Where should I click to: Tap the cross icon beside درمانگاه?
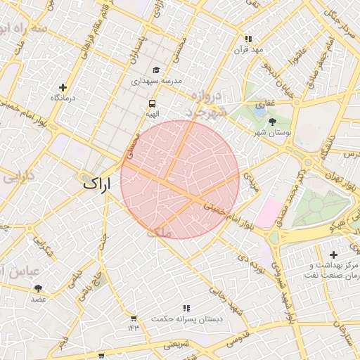(63, 88)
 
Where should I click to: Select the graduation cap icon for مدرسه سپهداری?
(155, 70)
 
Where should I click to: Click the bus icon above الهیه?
(152, 102)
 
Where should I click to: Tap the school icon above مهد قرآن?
(247, 39)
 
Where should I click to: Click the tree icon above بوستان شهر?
(272, 121)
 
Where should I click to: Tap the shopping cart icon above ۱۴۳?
(134, 318)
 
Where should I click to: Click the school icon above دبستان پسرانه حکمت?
(186, 308)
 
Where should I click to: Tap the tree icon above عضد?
(38, 288)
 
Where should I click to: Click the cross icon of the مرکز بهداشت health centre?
(333, 254)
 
